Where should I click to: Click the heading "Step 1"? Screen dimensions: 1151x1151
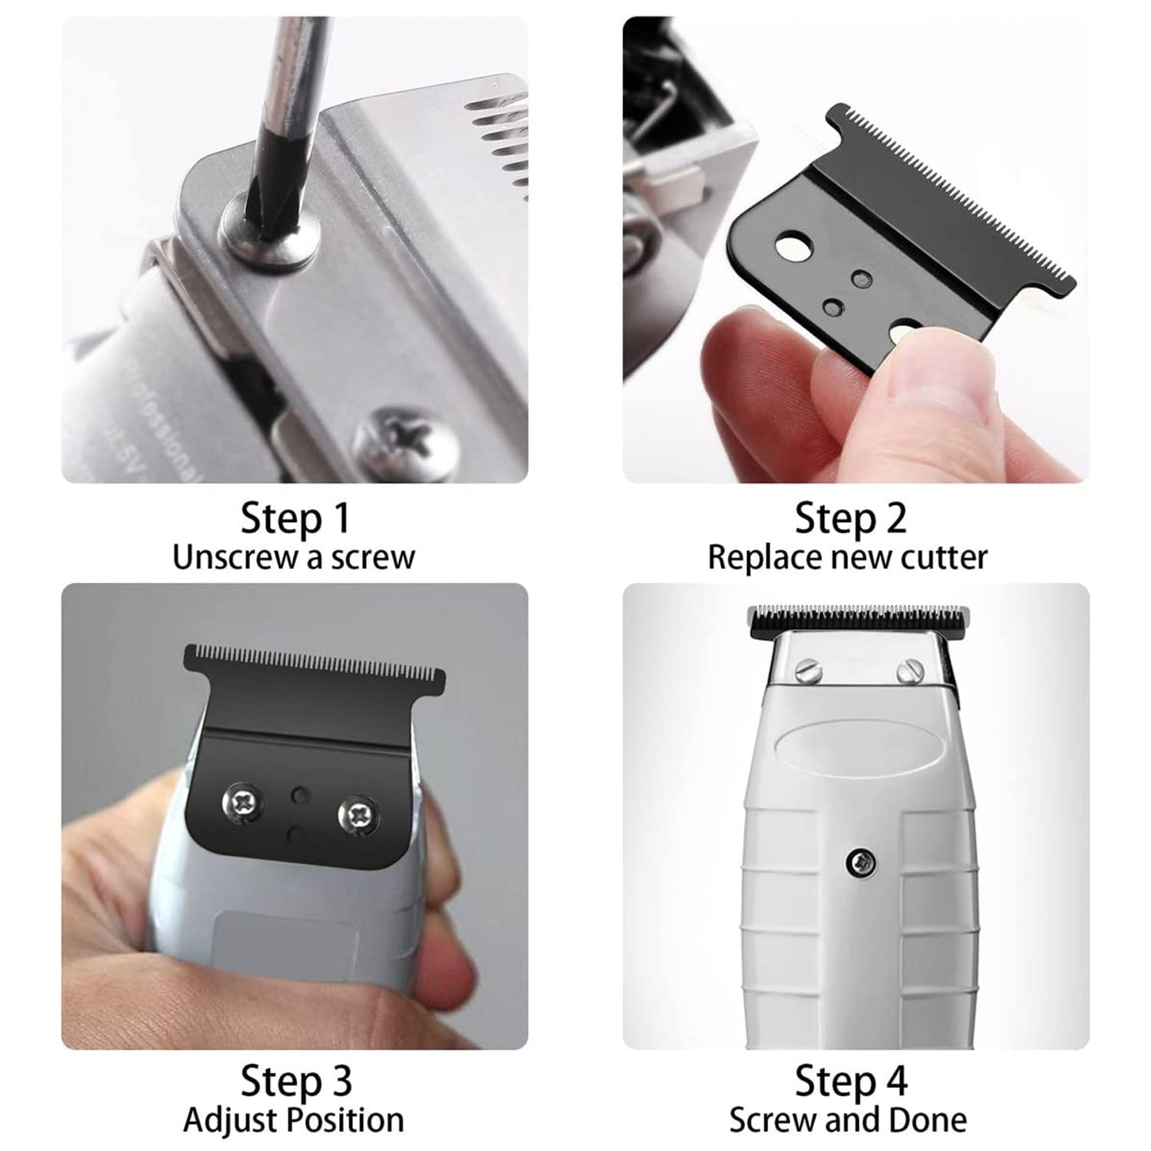[295, 518]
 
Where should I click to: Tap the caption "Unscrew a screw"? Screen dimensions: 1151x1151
[293, 558]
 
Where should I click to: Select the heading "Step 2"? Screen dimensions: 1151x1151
[851, 518]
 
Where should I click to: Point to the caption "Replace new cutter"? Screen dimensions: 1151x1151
[847, 558]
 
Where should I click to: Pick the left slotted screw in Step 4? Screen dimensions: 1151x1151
[808, 671]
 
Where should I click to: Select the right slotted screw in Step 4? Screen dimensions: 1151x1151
[910, 672]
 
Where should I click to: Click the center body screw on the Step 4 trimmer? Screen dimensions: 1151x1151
[861, 862]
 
